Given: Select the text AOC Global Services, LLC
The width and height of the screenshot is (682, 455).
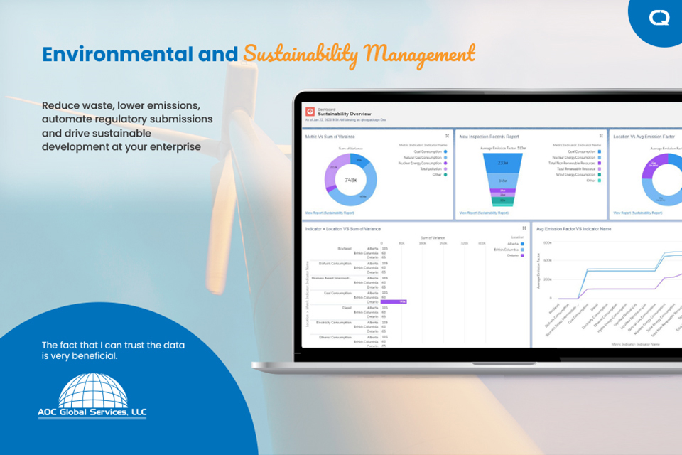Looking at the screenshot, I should tap(92, 412).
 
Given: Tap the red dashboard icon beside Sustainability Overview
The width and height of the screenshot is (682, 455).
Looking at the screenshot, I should tap(310, 112).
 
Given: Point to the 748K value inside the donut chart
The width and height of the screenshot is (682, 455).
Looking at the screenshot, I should tap(351, 180).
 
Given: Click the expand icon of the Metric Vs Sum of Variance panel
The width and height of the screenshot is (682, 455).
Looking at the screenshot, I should tap(447, 136).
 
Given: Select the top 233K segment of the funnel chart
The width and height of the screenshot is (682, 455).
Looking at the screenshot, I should tap(502, 163).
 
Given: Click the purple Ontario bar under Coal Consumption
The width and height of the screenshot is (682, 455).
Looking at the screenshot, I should tap(394, 301).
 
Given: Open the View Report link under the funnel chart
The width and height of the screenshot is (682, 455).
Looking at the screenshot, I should tap(484, 213).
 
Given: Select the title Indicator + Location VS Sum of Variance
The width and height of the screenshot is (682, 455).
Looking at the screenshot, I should tap(342, 229).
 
